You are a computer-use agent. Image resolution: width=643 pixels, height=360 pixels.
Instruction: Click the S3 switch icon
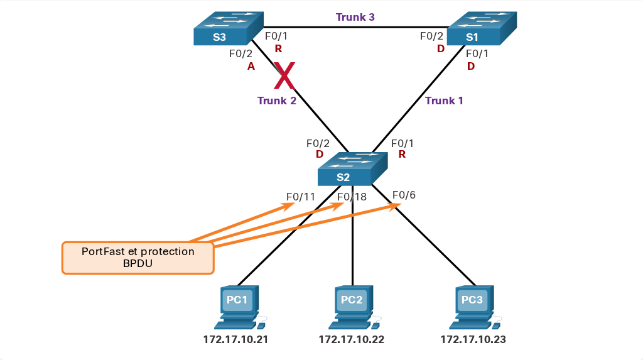[229, 28]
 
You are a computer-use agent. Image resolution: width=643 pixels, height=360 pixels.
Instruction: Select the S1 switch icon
[482, 28]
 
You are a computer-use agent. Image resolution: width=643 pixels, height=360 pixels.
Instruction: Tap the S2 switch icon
[353, 169]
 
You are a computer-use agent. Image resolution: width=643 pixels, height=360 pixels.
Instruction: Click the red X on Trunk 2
[284, 75]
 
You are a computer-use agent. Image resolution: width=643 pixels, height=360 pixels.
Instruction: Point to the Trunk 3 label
[355, 17]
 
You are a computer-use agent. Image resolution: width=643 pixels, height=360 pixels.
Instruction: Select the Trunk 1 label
[444, 101]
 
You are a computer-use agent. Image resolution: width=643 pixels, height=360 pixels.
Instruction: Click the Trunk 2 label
[277, 101]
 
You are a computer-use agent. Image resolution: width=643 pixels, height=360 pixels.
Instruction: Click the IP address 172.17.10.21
[236, 339]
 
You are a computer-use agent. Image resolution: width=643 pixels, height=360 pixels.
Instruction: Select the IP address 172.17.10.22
[352, 339]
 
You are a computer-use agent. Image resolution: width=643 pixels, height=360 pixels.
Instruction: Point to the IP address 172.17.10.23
[473, 339]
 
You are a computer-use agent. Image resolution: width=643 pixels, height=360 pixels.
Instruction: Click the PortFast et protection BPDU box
[138, 258]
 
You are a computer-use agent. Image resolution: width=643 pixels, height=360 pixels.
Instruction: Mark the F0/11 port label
[301, 197]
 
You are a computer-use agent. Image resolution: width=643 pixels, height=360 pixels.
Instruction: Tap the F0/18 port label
[352, 197]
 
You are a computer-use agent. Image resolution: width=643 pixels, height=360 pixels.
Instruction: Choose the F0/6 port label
[404, 195]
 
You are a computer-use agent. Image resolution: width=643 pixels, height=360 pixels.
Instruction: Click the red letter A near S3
[251, 66]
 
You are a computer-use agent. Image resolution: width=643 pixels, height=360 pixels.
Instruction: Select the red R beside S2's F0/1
[402, 155]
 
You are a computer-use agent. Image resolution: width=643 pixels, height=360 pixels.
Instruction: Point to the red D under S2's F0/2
[320, 155]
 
